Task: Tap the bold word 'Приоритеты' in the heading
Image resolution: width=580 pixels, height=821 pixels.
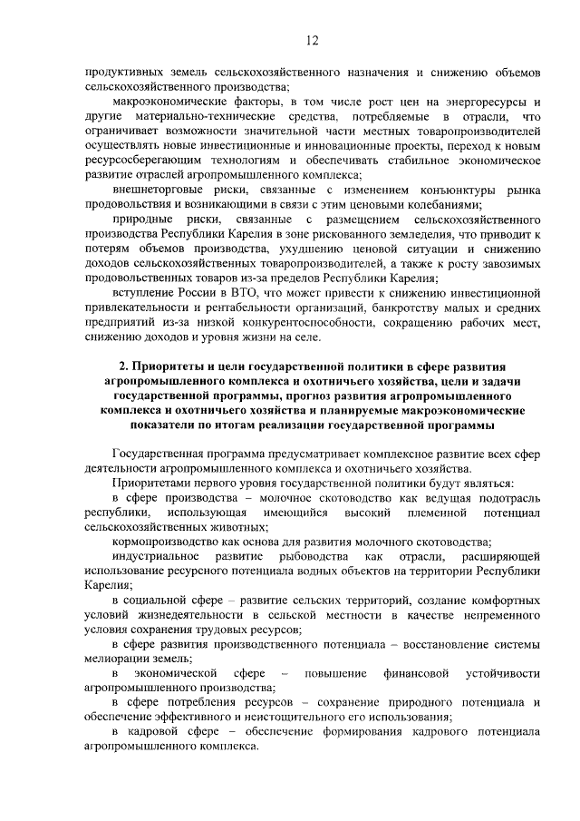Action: [170, 367]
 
